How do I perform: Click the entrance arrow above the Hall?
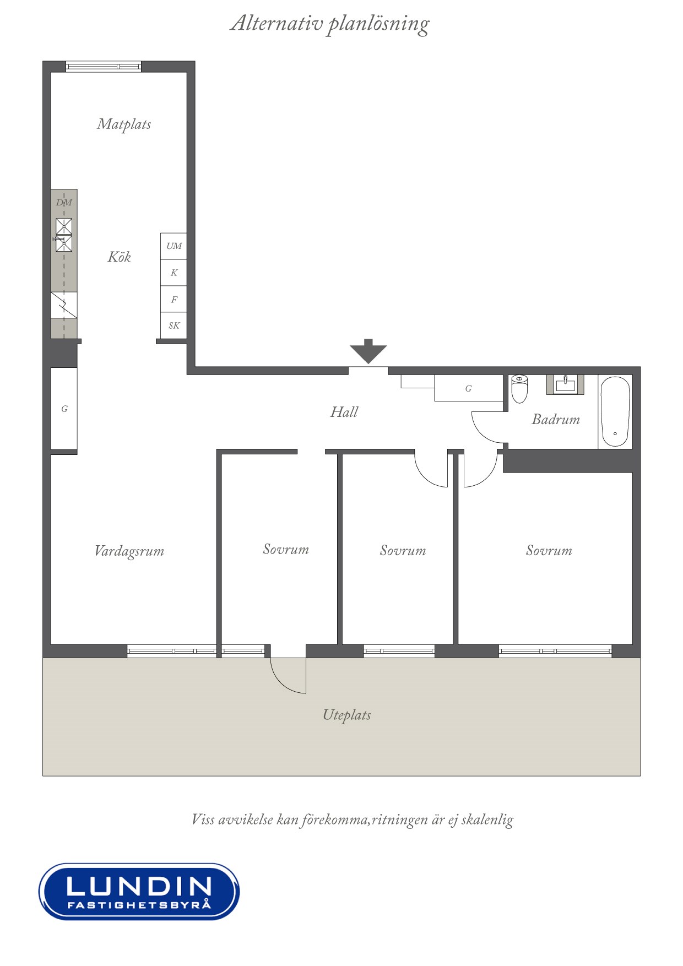coord(368,351)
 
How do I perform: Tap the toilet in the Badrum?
coord(519,388)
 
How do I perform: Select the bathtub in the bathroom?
coord(615,411)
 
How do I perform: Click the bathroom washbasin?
coord(565,384)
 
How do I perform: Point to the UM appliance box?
coord(174,246)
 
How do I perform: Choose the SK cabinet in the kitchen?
coord(174,325)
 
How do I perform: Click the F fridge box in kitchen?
coord(174,299)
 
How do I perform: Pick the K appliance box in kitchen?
coord(174,273)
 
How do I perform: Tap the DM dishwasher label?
coord(64,203)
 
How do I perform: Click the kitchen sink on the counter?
coord(64,235)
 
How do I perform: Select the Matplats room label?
coord(124,124)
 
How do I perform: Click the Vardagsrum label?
coord(129,551)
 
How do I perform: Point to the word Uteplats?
coord(346,715)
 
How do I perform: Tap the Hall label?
coord(344,412)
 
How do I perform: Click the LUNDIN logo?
coord(139,891)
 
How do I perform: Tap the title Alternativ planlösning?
coord(329,24)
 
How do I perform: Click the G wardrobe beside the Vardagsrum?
coord(64,409)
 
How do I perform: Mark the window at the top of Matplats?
coord(104,67)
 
